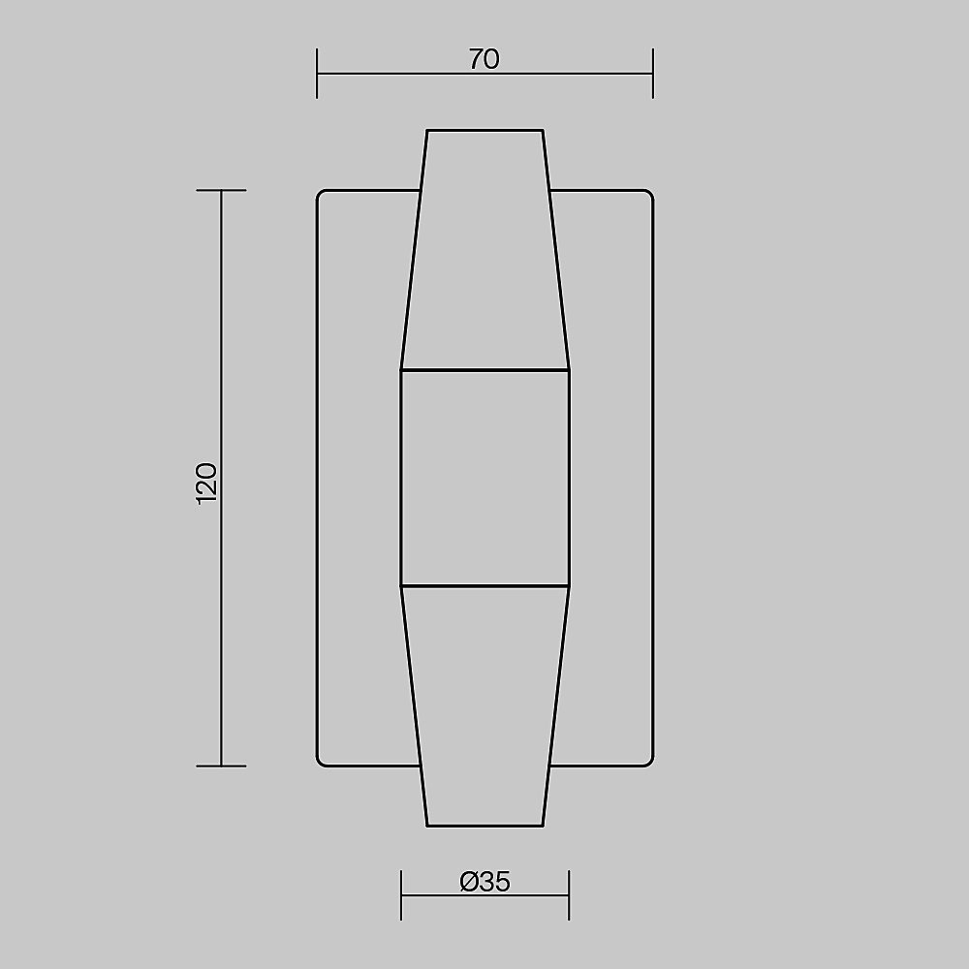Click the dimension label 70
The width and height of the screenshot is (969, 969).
click(484, 59)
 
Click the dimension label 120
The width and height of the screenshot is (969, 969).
click(206, 484)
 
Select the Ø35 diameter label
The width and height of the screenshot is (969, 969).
click(485, 882)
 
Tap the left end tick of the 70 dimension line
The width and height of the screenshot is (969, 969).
click(317, 74)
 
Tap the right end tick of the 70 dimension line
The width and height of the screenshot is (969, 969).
click(652, 74)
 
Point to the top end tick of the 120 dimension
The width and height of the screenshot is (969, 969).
click(221, 190)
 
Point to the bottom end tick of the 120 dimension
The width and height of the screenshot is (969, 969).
click(221, 766)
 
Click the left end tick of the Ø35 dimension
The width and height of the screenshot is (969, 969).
click(401, 894)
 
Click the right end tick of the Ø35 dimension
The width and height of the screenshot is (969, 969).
click(569, 894)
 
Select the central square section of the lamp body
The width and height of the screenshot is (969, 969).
click(485, 478)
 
